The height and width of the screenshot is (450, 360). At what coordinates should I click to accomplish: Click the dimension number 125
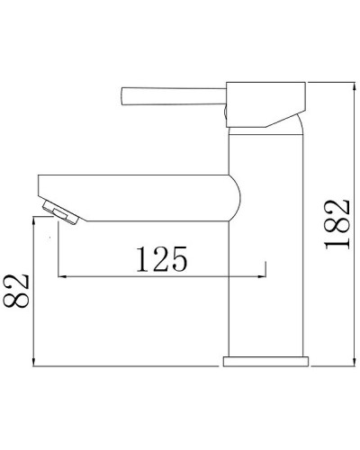tap(162, 259)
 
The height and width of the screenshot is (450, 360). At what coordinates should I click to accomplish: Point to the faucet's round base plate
tap(265, 361)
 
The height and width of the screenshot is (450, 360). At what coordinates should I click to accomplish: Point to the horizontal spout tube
tap(135, 195)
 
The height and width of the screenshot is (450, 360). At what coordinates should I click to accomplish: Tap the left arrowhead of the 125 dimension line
tap(60, 275)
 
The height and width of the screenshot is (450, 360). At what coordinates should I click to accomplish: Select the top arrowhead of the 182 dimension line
tap(350, 83)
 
